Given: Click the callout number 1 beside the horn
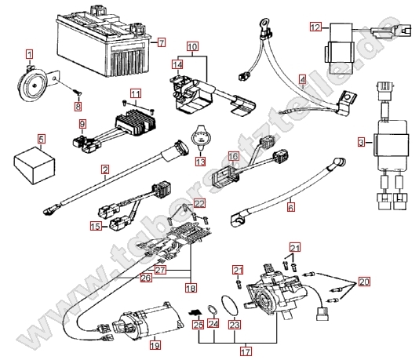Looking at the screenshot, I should pos(29,54).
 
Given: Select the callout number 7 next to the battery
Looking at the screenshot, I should pos(162,42).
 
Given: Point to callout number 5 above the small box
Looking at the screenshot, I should pos(41,140).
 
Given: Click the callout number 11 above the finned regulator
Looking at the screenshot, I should pos(136,95).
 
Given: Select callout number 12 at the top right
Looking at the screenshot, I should pos(315,27).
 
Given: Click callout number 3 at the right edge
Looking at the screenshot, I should pos(360,142).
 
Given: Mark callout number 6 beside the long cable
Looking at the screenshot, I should pos(291,209).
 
